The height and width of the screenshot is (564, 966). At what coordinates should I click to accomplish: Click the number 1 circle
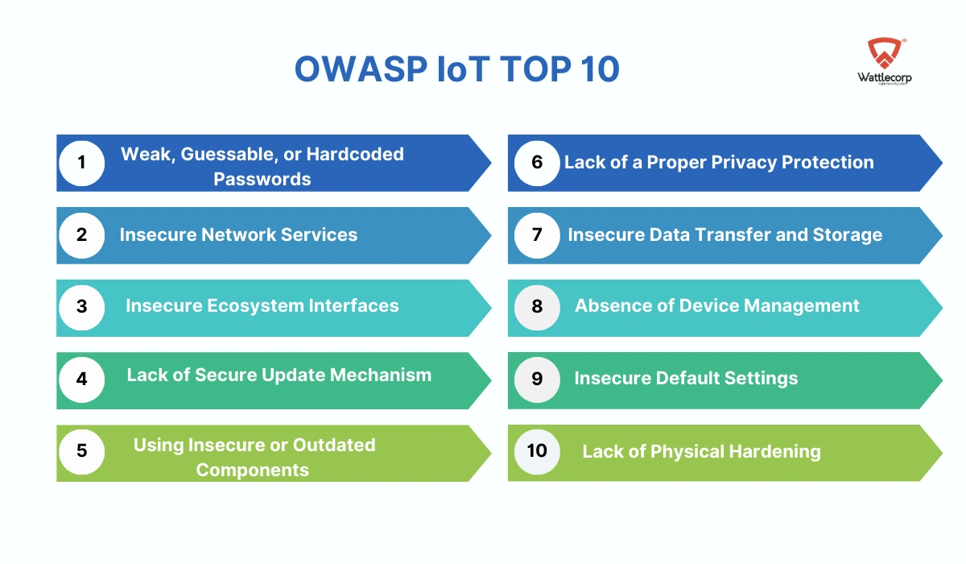click(81, 163)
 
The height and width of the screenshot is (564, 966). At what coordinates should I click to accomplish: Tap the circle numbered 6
click(537, 163)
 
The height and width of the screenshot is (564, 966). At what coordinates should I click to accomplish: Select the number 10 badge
click(537, 452)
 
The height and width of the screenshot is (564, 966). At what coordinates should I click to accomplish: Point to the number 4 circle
click(81, 379)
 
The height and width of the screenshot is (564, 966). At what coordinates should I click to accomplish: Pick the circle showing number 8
click(537, 308)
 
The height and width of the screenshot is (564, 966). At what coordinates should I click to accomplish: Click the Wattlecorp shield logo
click(885, 53)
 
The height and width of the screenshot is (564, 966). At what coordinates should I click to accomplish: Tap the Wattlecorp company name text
click(885, 77)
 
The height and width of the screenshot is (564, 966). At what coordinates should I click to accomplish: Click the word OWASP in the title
click(361, 68)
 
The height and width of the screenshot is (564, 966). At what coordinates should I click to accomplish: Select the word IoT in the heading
click(463, 68)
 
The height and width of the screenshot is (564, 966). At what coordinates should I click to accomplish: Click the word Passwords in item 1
click(262, 179)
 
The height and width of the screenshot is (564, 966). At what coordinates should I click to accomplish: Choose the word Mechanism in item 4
click(381, 375)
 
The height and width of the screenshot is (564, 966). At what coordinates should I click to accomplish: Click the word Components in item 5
click(252, 470)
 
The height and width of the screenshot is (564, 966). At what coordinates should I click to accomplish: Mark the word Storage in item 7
click(848, 234)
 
